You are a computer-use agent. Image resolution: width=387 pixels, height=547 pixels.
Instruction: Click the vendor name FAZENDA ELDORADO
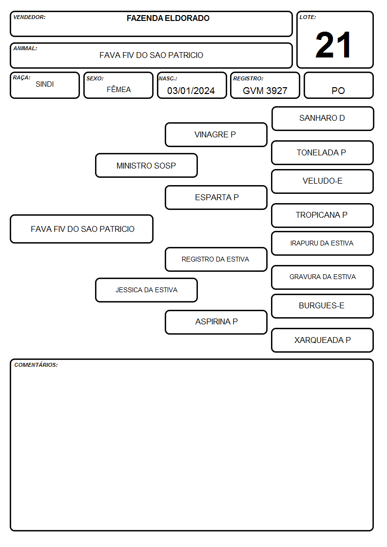[168, 18]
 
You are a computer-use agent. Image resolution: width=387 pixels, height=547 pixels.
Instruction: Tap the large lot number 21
[333, 45]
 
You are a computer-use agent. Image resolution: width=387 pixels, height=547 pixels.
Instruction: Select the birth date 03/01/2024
[191, 91]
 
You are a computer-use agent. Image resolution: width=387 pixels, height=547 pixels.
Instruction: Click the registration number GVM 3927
[265, 91]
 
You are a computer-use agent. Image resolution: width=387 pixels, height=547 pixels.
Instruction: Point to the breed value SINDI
[45, 84]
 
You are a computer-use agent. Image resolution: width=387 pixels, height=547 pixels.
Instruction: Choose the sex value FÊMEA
[118, 89]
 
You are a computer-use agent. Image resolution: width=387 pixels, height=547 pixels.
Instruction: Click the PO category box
[338, 85]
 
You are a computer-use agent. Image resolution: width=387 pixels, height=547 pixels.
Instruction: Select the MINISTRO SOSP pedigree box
[146, 165]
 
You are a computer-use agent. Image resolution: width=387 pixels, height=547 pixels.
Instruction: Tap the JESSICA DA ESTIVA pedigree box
[146, 290]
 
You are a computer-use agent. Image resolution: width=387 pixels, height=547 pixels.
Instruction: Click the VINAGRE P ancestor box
[216, 134]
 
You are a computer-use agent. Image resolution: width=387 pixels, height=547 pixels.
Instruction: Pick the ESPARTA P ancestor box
[216, 197]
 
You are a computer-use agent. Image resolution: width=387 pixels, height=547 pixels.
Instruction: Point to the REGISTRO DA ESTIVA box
[216, 259]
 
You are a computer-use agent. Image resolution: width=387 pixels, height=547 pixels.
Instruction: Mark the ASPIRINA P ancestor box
[216, 322]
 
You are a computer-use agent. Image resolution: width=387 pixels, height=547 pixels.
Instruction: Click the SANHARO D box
[323, 119]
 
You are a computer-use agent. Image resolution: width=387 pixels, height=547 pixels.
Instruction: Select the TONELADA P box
[322, 152]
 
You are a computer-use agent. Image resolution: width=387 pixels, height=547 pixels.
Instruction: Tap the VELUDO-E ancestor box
[322, 181]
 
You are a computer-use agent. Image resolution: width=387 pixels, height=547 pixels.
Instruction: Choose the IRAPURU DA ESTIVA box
[322, 243]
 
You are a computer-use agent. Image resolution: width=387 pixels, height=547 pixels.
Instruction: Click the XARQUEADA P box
[322, 340]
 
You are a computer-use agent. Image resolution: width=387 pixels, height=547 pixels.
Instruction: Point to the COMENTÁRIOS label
[36, 365]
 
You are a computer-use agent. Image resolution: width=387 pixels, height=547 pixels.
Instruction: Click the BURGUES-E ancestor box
[322, 306]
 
